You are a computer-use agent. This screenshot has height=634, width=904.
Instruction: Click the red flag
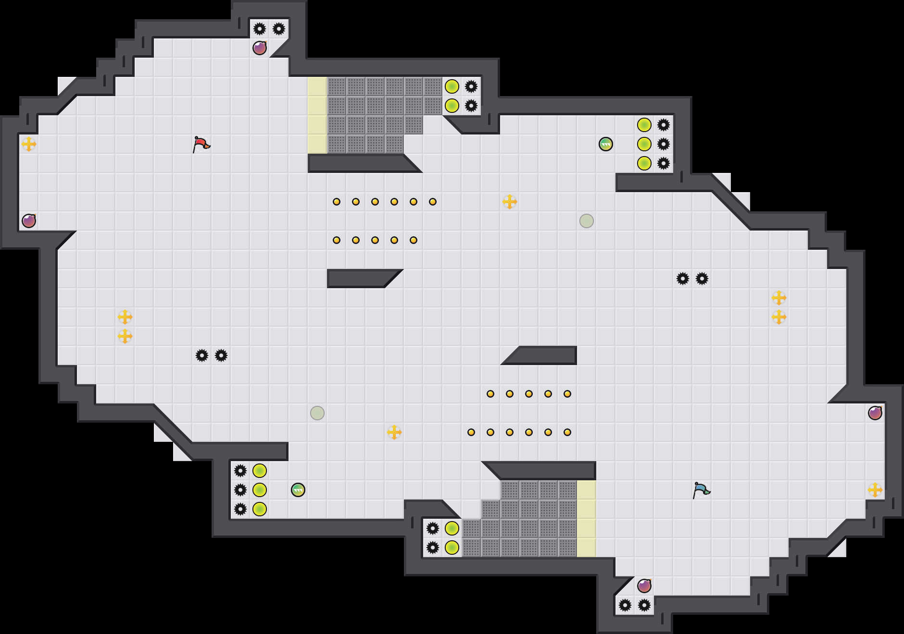(x=201, y=144)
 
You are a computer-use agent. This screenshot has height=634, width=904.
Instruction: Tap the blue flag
(x=701, y=490)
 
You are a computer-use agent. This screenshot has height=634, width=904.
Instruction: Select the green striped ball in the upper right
(x=606, y=144)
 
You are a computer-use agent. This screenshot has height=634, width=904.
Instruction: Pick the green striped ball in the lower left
(x=298, y=490)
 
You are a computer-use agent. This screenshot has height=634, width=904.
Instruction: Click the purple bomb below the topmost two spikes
(x=260, y=48)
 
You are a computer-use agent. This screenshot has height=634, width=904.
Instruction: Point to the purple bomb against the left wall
(x=29, y=221)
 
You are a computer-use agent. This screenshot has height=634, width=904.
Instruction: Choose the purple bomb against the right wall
(x=875, y=413)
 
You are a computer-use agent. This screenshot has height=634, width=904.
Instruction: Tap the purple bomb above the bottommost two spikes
(x=644, y=586)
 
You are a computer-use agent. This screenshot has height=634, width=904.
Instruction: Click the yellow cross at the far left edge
(x=29, y=144)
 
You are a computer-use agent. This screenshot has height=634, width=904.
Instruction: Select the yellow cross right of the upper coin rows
(x=510, y=202)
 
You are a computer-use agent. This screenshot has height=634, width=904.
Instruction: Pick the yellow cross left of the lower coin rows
(x=394, y=432)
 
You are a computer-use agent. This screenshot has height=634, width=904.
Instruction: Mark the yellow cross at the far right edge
(x=875, y=490)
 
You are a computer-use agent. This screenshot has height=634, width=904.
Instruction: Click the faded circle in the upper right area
(x=587, y=221)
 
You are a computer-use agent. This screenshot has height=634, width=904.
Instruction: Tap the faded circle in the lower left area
(x=317, y=413)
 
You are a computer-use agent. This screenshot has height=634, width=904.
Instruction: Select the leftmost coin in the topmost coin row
(x=337, y=202)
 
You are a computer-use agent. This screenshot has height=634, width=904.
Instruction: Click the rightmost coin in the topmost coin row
(x=433, y=202)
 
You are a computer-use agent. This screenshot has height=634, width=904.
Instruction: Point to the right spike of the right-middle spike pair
(x=702, y=279)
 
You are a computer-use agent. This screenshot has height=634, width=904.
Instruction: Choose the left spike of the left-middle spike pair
(x=202, y=355)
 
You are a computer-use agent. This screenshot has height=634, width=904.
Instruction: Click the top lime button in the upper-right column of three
(x=644, y=125)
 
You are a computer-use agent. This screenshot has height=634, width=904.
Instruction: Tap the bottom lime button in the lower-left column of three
(x=260, y=509)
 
